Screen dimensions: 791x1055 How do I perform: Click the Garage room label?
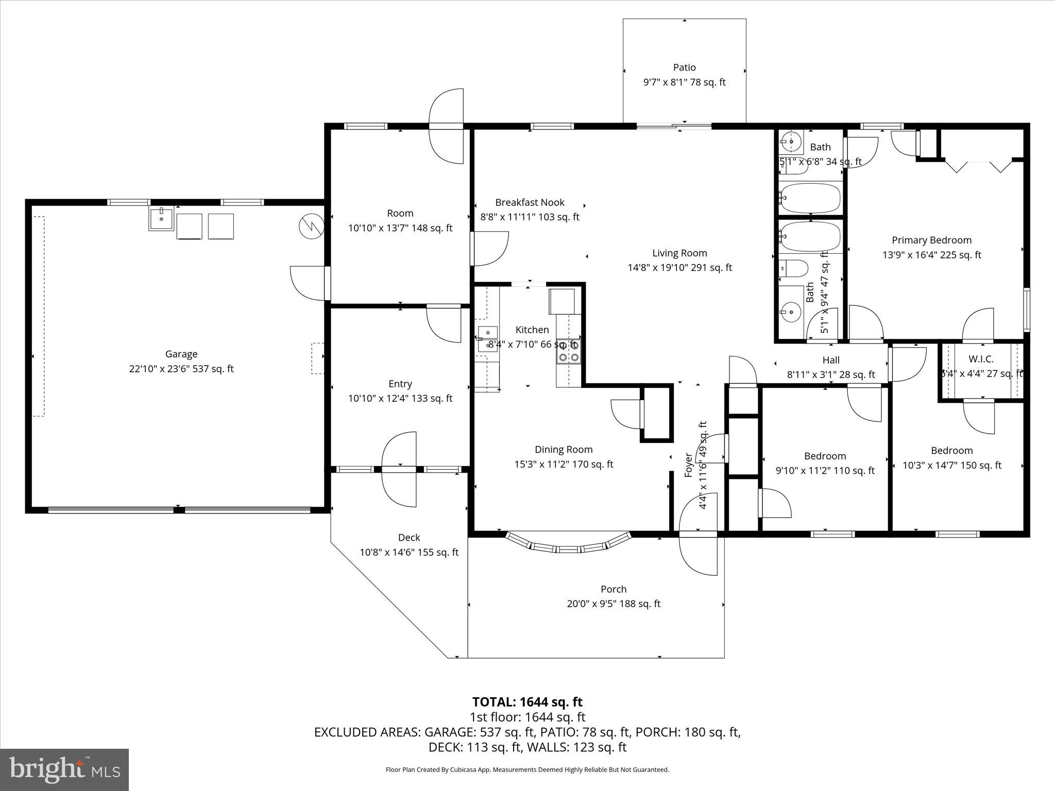point(181,354)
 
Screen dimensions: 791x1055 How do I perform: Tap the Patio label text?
point(684,67)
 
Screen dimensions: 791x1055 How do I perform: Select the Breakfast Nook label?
point(530,202)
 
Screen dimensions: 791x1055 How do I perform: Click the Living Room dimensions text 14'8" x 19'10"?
point(679,267)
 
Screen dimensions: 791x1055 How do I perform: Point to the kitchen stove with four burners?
point(568,351)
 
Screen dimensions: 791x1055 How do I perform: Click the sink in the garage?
point(161,219)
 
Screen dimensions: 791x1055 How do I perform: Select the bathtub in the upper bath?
point(810,198)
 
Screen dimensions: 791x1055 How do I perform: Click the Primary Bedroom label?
point(931,240)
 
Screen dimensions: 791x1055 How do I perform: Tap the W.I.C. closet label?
point(981,359)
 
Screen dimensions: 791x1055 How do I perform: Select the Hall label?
point(830,360)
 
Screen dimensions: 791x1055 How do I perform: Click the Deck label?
point(409,538)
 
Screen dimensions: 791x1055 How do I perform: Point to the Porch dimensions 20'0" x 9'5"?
point(613,604)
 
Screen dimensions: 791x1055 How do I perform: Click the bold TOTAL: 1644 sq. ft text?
point(527,702)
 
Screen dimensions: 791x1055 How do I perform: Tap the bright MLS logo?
point(64,769)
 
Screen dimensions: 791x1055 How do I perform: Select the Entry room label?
point(400,384)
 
